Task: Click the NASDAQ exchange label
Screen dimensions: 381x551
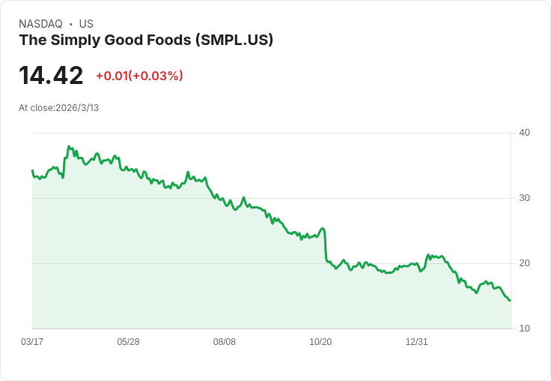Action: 40,24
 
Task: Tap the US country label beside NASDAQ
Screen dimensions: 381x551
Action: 86,24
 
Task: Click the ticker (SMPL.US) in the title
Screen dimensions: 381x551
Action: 234,40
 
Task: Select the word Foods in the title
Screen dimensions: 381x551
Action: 168,40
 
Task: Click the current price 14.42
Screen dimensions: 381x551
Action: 51,76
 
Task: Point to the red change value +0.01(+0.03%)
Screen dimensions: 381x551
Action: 139,76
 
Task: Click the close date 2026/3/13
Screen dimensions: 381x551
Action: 77,108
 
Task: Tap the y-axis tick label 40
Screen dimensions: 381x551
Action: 525,133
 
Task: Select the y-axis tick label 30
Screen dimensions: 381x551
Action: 525,198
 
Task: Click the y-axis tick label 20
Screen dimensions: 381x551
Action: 525,263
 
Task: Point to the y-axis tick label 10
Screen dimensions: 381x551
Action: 525,328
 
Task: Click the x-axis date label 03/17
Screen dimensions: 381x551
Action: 32,342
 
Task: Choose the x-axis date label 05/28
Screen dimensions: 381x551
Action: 128,342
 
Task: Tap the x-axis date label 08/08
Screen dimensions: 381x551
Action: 225,342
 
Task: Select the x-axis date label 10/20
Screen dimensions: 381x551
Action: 320,342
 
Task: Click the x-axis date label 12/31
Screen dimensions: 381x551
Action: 416,342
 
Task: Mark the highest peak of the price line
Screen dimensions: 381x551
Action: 69,147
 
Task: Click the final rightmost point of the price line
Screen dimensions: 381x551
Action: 510,300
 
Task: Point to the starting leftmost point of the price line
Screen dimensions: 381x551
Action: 32,171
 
